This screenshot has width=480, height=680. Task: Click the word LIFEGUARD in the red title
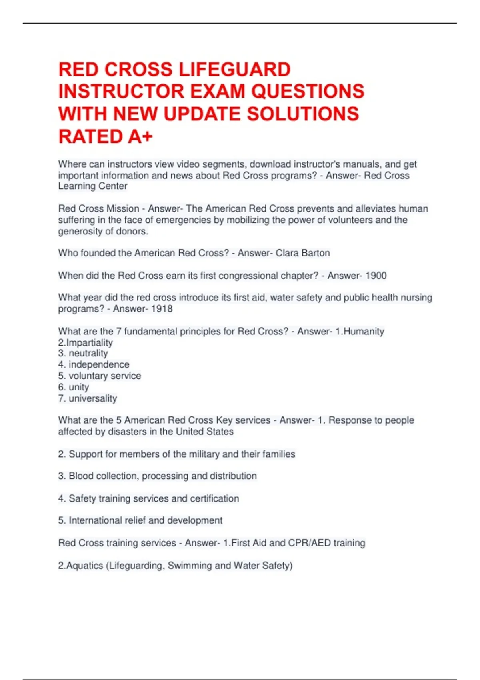(234, 70)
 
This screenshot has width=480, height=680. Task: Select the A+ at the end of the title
(140, 137)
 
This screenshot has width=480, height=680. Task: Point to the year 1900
(376, 276)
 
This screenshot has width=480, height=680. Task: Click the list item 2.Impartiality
(86, 343)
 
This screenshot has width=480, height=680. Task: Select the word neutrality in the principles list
(88, 354)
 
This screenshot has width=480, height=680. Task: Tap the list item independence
(99, 365)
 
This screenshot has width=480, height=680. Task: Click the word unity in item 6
(79, 387)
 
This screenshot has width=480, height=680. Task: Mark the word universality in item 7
(93, 398)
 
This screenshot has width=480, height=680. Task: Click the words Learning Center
(93, 186)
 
